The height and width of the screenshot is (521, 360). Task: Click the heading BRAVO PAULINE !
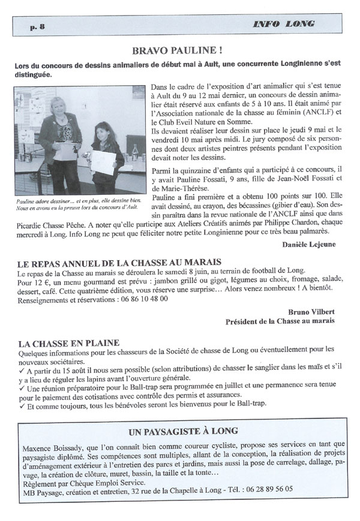(x=180, y=52)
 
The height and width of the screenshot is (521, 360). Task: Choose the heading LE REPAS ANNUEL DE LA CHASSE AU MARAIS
(x=120, y=262)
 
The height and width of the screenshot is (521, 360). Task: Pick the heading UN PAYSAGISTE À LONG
(x=184, y=431)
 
